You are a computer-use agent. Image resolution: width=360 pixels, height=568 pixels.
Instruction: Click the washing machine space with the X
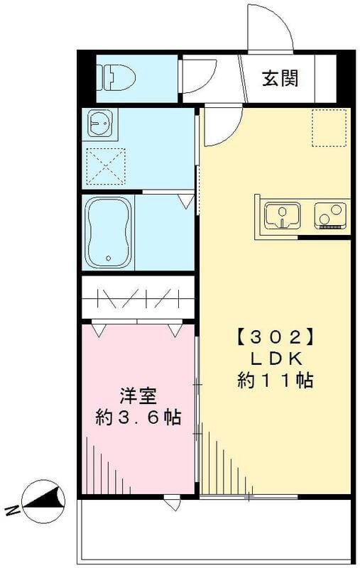[104, 166]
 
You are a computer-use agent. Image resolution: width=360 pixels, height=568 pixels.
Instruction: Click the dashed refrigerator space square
[328, 128]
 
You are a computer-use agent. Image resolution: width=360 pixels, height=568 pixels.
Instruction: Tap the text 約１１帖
[275, 381]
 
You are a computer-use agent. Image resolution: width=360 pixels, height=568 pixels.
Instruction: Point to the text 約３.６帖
[138, 417]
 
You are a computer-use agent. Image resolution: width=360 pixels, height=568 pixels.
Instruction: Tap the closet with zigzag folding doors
[138, 297]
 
